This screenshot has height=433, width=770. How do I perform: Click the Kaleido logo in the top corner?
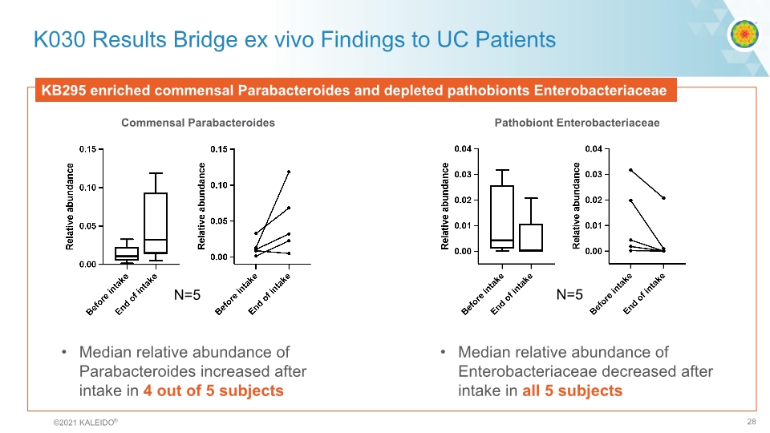(743, 34)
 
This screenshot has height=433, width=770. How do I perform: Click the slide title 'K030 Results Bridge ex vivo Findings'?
(294, 39)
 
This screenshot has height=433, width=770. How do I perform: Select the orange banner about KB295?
(354, 91)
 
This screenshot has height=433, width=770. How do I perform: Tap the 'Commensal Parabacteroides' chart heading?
(198, 123)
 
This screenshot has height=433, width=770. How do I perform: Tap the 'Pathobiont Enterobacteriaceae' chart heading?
(577, 123)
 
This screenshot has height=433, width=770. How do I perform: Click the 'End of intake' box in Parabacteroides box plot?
(156, 223)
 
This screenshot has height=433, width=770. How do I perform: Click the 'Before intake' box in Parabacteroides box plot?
(126, 253)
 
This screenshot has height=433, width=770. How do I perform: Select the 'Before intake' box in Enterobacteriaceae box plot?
(502, 216)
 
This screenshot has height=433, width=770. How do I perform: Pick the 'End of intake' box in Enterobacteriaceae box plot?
(531, 237)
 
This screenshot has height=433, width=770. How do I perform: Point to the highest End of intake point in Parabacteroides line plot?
(289, 172)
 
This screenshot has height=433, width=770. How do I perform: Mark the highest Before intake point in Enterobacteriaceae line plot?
(631, 170)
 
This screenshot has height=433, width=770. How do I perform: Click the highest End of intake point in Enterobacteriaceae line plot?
(663, 198)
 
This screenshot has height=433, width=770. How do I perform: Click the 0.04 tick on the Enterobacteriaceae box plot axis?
(463, 149)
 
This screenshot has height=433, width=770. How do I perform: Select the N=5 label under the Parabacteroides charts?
(187, 295)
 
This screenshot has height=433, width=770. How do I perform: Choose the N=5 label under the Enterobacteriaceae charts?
(569, 295)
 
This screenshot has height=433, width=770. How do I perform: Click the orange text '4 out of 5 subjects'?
(213, 391)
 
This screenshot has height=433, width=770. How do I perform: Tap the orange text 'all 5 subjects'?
(572, 391)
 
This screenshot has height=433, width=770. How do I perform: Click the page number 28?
(752, 422)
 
